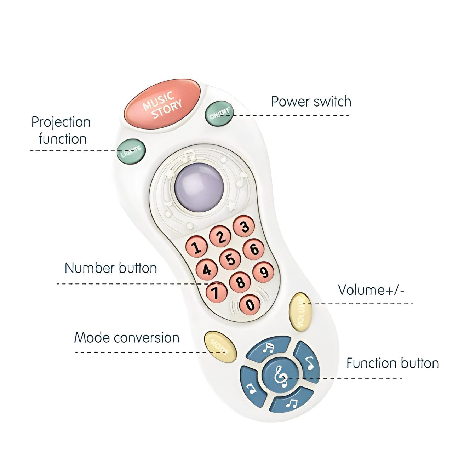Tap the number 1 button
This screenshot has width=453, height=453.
tap(197, 247)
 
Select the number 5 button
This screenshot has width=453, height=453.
tap(230, 259)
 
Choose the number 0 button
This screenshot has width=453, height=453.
tap(250, 305)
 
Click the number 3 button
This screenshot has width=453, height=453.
tap(244, 226)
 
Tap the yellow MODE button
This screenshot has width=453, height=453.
tap(220, 347)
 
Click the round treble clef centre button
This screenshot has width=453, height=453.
tap(281, 374)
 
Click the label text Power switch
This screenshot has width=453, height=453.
tap(311, 102)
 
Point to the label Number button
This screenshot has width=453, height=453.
tap(111, 268)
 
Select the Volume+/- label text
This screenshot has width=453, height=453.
tap(371, 290)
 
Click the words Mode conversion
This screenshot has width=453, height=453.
tap(127, 338)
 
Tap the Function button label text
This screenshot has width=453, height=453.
tap(392, 363)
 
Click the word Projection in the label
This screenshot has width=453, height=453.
tap(61, 122)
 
